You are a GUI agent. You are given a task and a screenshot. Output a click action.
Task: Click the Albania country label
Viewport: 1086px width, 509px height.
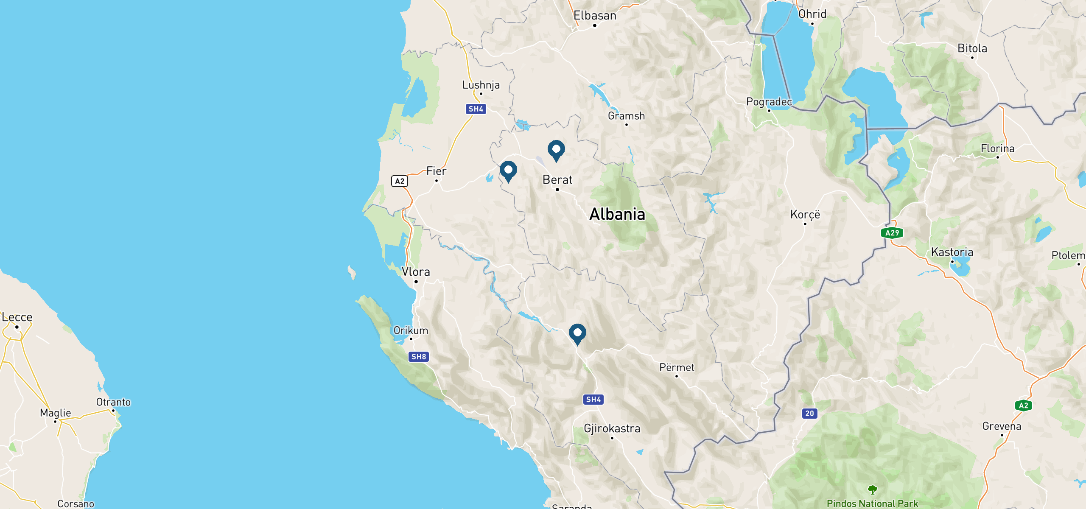pyautogui.click(x=617, y=214)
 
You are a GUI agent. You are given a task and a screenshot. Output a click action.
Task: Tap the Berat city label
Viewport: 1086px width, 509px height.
pyautogui.click(x=557, y=180)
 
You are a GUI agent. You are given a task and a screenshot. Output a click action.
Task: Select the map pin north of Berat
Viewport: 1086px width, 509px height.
pyautogui.click(x=556, y=150)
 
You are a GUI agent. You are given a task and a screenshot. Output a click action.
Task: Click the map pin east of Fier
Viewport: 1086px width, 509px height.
pyautogui.click(x=508, y=171)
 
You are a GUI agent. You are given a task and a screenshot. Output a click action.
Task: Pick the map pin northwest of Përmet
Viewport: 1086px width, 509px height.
pyautogui.click(x=577, y=333)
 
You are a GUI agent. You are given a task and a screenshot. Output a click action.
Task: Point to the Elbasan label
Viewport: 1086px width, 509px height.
pyautogui.click(x=595, y=16)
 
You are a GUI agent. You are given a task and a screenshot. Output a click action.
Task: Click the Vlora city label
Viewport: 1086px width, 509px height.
pyautogui.click(x=416, y=272)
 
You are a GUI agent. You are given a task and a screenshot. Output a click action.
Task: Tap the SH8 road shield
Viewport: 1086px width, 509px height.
pyautogui.click(x=419, y=357)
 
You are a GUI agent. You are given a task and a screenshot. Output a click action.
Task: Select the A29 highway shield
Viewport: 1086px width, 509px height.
pyautogui.click(x=892, y=233)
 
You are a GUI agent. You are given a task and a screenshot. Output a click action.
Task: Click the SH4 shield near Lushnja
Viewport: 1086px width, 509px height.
pyautogui.click(x=476, y=109)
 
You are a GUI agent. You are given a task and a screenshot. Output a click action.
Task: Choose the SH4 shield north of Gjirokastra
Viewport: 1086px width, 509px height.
pyautogui.click(x=593, y=400)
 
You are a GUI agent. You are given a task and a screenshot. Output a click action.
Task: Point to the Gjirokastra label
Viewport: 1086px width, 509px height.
pyautogui.click(x=612, y=428)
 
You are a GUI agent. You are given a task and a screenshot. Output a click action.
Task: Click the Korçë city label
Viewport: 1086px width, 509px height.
pyautogui.click(x=805, y=215)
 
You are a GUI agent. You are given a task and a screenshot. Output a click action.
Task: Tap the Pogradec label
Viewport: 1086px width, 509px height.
pyautogui.click(x=769, y=102)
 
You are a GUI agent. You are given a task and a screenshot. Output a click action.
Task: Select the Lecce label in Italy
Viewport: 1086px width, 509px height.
pyautogui.click(x=17, y=317)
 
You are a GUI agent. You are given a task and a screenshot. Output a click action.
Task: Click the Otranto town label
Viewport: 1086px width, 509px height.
pyautogui.click(x=113, y=402)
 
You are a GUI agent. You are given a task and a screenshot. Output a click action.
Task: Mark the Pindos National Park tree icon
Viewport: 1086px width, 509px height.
pyautogui.click(x=872, y=490)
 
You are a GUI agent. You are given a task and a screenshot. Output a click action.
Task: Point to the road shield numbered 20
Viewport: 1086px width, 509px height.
pyautogui.click(x=809, y=413)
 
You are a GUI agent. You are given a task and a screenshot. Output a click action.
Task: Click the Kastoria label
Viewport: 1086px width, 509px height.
pyautogui.click(x=952, y=252)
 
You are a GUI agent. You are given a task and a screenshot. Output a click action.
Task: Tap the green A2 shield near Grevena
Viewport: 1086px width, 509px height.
pyautogui.click(x=1024, y=406)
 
